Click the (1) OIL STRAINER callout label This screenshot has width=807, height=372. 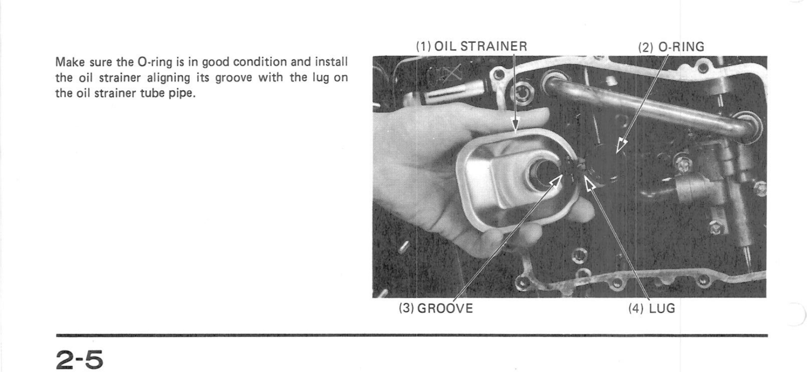(x=472, y=46)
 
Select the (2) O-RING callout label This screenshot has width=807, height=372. (x=671, y=47)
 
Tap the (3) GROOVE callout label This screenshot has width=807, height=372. (x=436, y=308)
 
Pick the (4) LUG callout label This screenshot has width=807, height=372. (x=652, y=308)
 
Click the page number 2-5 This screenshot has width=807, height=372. (x=80, y=359)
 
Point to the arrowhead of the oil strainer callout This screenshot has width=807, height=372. (x=516, y=124)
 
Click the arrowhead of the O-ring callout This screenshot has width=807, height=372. (x=620, y=145)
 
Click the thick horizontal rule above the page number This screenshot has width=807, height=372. (x=412, y=336)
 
